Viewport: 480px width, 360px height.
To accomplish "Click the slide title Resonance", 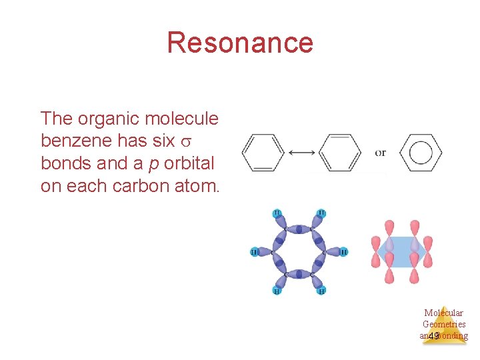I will click(x=240, y=43).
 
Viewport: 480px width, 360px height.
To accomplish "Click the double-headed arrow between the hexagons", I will click(x=302, y=153).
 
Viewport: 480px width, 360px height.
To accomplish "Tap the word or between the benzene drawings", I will click(x=380, y=153).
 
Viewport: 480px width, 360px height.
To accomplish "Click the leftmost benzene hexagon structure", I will click(x=261, y=153).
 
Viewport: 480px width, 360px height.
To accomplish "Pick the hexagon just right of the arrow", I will click(x=341, y=153).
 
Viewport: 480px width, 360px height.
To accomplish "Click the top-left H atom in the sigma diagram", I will click(x=277, y=213).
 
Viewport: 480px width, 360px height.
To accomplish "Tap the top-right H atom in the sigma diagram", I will click(x=321, y=213).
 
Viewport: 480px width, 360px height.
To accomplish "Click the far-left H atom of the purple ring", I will click(x=254, y=252).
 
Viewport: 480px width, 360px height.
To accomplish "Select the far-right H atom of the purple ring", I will click(x=344, y=252).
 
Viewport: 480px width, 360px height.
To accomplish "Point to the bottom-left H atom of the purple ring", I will click(x=277, y=291).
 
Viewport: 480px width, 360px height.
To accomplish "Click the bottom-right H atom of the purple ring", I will click(x=321, y=291).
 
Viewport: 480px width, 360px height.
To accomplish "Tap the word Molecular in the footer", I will click(x=443, y=313).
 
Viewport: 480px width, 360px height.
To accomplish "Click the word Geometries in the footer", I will click(x=444, y=324).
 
